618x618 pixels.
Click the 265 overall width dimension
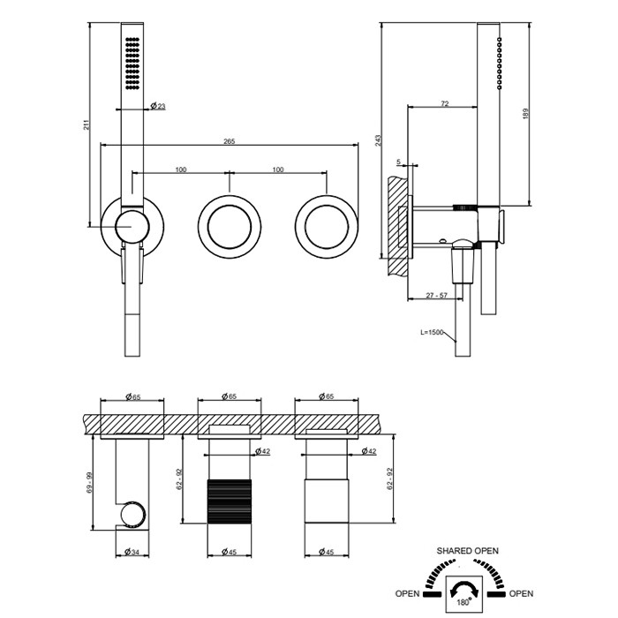coord(229,140)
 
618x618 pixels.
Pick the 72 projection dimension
coord(444,104)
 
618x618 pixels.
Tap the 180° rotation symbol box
coord(463,591)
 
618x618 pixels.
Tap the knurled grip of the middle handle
coord(228,501)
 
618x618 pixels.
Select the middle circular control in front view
coord(230,226)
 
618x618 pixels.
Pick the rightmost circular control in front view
coord(327,226)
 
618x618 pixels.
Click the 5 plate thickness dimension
coord(399,162)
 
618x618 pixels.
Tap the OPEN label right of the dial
coord(521,593)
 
